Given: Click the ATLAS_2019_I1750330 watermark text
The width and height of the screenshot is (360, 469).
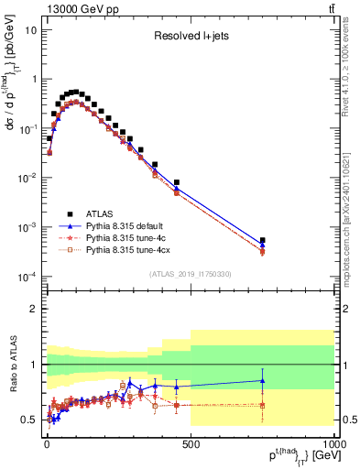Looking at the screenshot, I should (190, 273).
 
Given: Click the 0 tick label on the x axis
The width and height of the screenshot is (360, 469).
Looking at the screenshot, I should (47, 446).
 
